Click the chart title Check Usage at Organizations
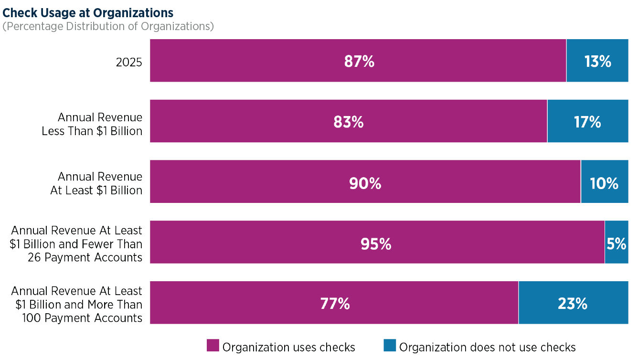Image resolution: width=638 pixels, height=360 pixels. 88,13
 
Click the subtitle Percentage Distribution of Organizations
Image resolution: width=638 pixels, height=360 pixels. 108,26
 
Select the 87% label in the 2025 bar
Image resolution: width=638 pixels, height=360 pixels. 359,61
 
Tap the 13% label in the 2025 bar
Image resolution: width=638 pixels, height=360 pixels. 598,61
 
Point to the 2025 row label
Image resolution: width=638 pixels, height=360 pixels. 129,62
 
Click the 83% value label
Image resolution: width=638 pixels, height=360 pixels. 349,122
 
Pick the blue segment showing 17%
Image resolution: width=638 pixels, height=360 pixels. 587,121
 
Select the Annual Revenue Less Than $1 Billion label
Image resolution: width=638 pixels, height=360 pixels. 92,124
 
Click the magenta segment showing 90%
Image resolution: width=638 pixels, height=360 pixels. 365,181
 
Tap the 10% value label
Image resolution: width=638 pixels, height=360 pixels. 604,183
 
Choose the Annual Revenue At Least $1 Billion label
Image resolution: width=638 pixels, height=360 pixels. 96,183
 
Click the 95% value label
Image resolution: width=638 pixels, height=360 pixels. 376,244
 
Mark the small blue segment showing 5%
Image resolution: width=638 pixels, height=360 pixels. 617,242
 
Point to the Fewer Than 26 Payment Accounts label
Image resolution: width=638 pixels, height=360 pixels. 76,244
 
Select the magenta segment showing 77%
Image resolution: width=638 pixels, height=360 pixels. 334,303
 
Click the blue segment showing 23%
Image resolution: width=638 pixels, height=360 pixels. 574,303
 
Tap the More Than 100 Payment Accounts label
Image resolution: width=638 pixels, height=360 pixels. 76,305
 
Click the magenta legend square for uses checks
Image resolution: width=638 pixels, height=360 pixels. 213,345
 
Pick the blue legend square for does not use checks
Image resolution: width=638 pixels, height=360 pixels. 390,345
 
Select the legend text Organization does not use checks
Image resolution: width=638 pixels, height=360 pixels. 487,347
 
